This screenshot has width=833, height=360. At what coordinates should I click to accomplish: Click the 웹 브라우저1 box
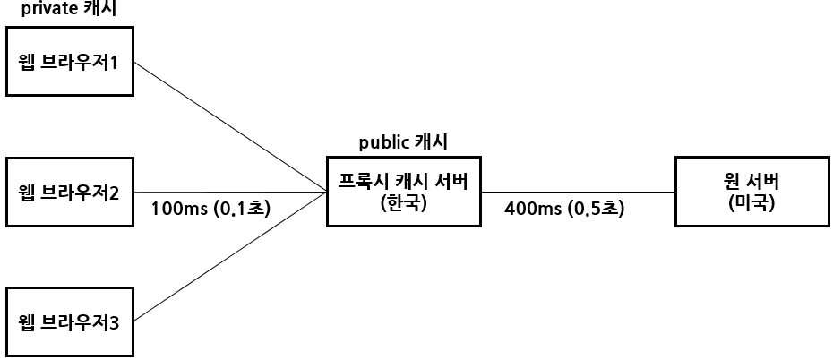pyautogui.click(x=70, y=62)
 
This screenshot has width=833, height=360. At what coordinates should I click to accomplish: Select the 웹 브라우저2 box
pyautogui.click(x=70, y=192)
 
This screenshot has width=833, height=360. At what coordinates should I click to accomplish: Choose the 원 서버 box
pyautogui.click(x=750, y=192)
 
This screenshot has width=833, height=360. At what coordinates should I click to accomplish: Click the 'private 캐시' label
pyautogui.click(x=69, y=10)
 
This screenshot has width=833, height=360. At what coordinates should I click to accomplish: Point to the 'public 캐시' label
pyautogui.click(x=403, y=142)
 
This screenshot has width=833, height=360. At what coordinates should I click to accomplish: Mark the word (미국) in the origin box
pyautogui.click(x=750, y=202)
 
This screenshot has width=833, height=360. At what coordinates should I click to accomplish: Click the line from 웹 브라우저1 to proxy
pyautogui.click(x=229, y=126)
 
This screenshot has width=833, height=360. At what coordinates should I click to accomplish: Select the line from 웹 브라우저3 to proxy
pyautogui.click(x=229, y=257)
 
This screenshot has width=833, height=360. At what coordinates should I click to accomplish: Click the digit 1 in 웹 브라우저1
pyautogui.click(x=114, y=63)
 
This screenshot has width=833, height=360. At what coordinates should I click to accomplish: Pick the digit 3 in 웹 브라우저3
pyautogui.click(x=114, y=322)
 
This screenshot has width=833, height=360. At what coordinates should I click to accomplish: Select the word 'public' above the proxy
pyautogui.click(x=382, y=142)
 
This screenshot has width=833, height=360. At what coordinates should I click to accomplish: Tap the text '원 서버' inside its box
pyautogui.click(x=750, y=181)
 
